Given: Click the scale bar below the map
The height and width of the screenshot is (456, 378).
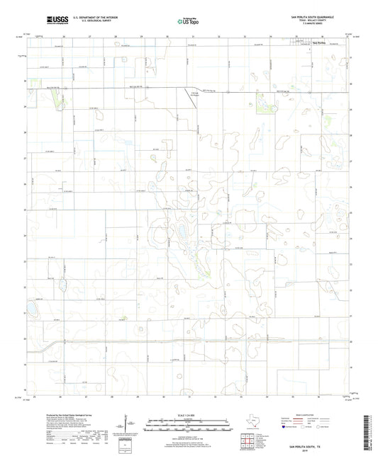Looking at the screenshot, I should [x=189, y=424].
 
